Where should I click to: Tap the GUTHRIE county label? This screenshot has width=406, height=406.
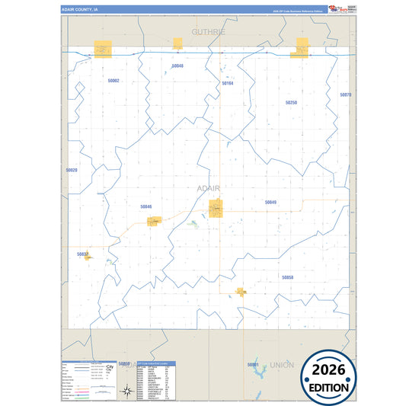(209, 32)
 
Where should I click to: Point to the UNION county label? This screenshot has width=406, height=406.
(281, 365)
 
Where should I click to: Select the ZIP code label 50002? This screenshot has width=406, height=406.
(113, 80)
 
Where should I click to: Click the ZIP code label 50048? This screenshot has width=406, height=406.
(177, 66)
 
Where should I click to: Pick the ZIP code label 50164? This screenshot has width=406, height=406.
(227, 83)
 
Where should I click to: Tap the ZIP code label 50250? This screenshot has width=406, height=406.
(291, 102)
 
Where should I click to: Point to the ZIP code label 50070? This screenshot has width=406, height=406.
(346, 95)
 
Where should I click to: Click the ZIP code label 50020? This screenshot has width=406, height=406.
(72, 170)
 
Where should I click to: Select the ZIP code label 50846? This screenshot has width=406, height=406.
(146, 206)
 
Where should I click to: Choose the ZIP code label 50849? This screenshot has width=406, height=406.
(270, 202)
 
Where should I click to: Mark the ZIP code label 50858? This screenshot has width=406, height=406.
(287, 277)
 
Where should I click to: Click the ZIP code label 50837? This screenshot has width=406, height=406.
(83, 253)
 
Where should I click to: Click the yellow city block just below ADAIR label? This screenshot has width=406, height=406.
(216, 207)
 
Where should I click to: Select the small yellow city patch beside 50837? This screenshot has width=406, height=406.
(88, 257)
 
